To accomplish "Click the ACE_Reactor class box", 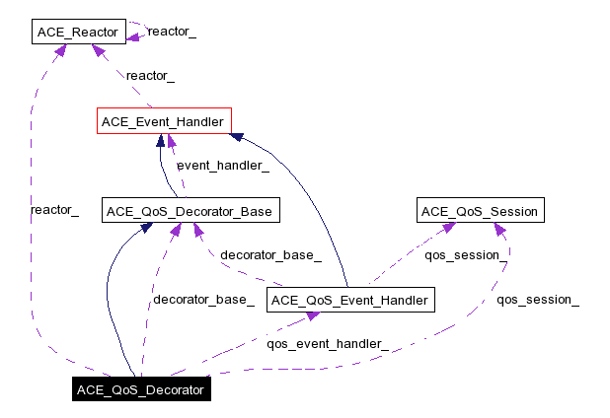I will tap(77, 33).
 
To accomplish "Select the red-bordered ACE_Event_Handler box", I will tap(164, 121).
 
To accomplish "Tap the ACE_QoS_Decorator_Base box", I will tap(187, 210).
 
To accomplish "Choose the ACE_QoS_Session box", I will tap(480, 210).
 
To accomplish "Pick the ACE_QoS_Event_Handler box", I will tap(350, 300).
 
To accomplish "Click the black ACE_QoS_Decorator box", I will tap(140, 389).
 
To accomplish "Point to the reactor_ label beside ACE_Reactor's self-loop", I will tap(172, 32).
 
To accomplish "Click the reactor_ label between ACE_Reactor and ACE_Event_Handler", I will tap(150, 75).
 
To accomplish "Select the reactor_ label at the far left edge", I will tap(55, 210).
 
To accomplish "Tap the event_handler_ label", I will tap(222, 166).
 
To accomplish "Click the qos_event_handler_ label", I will tap(328, 344).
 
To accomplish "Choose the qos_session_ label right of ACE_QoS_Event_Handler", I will tap(537, 300).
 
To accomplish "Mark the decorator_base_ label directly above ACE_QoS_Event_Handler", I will tap(270, 255).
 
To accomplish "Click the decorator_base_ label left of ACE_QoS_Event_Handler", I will tap(202, 300).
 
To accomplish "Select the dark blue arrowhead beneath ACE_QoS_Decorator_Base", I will tap(146, 228).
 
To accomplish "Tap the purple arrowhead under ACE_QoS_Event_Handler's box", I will tap(312, 316).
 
